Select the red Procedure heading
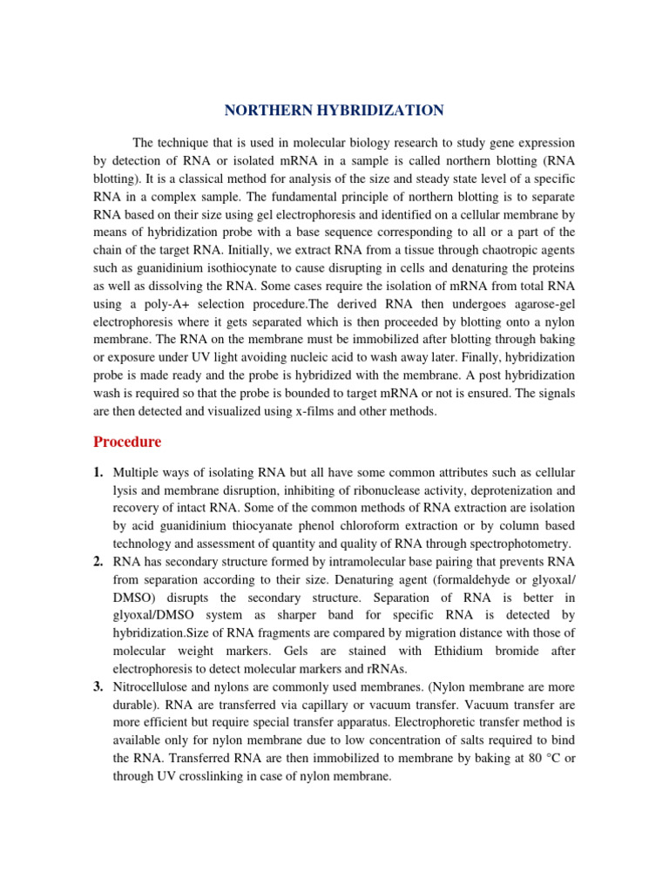[x=127, y=442]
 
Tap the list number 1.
[x=98, y=472]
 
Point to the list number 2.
[x=98, y=561]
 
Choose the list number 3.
[x=98, y=686]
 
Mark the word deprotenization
[x=499, y=490]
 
